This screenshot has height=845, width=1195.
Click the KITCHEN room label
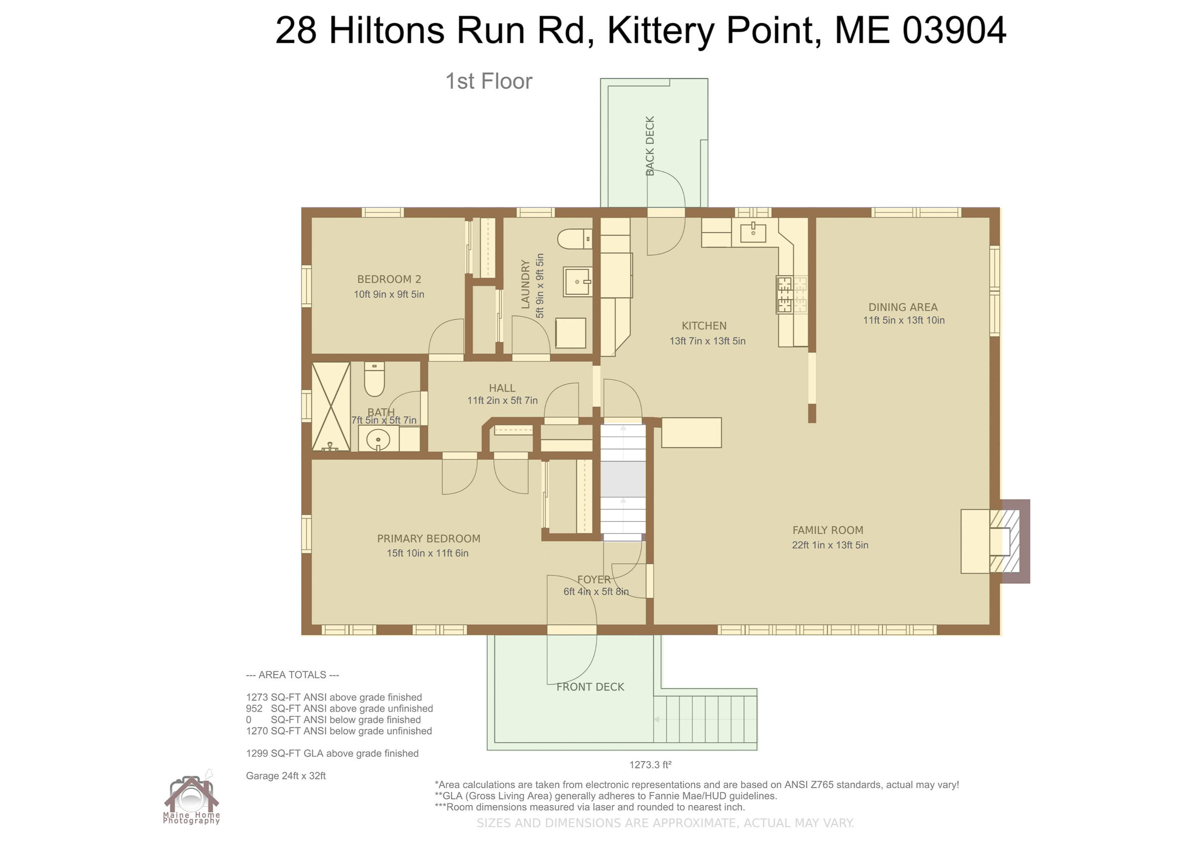(704, 326)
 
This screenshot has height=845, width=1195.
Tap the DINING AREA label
(903, 307)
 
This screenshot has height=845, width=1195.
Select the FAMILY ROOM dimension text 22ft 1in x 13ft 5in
(830, 545)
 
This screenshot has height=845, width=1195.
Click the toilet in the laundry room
(575, 240)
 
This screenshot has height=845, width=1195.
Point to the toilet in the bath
(374, 379)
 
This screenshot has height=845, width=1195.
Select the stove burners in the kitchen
(792, 295)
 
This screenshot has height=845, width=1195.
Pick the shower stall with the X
(331, 407)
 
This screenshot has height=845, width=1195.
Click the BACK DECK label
(650, 146)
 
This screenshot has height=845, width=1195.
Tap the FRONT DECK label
(590, 687)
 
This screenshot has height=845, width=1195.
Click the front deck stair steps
(705, 719)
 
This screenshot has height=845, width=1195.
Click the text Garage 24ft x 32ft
(286, 776)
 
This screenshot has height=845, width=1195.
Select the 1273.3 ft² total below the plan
(650, 765)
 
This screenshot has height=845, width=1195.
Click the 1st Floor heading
(489, 81)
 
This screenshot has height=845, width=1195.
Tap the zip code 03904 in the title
(954, 30)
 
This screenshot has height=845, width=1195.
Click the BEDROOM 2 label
(389, 279)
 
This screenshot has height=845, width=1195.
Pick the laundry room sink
(578, 282)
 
